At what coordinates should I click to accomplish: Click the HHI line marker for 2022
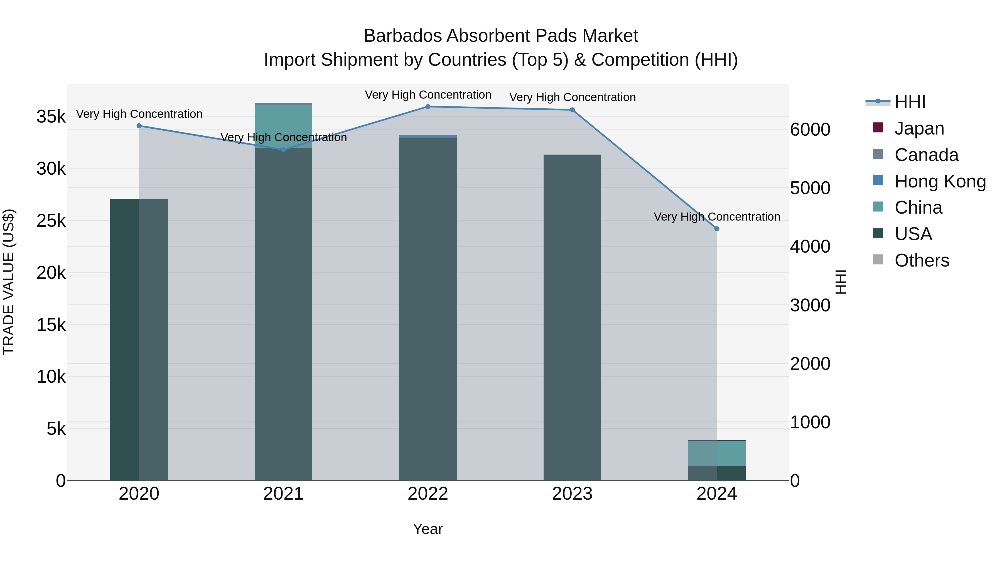428,107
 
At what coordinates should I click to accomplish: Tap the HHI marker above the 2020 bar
139,126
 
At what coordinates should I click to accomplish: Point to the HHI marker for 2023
572,110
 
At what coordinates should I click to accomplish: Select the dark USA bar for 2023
572,317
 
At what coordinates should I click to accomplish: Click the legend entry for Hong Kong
940,181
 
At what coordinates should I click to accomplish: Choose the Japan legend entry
919,128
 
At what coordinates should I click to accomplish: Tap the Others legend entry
922,260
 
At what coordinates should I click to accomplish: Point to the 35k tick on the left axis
51,116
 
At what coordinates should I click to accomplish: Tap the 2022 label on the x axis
428,494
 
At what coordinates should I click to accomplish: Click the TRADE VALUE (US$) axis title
9,282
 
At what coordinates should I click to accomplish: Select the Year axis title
428,529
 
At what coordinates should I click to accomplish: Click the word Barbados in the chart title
402,36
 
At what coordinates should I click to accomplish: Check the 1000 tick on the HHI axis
810,422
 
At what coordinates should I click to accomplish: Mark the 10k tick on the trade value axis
51,377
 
